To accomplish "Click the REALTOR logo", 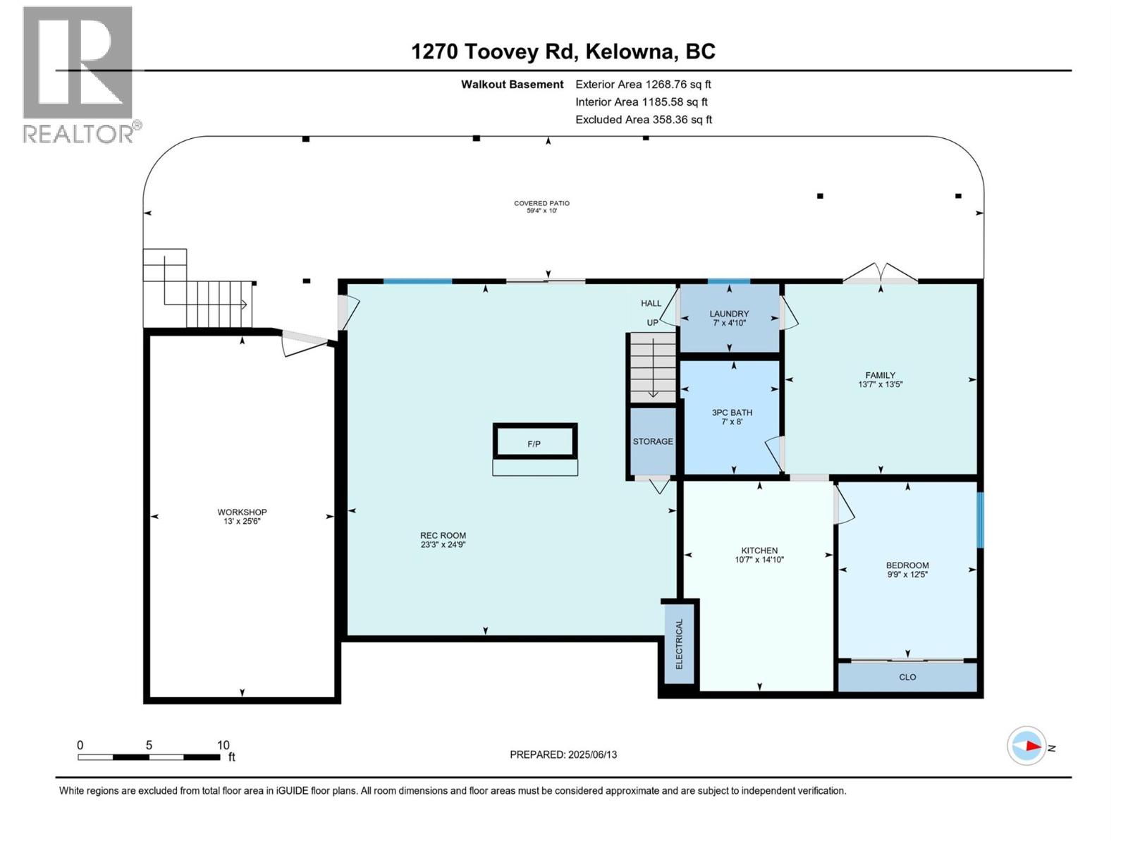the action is tap(81, 75).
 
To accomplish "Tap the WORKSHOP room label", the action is tap(242, 512).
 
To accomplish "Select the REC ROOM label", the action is tap(443, 535).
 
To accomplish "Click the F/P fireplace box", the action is tap(535, 441).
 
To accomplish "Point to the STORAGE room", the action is tap(653, 441).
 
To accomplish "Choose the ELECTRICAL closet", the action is tap(679, 644).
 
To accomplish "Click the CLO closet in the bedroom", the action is tap(907, 678).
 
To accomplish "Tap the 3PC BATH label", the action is tap(732, 412).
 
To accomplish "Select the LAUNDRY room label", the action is tap(729, 314).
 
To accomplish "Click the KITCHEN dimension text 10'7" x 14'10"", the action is tap(759, 560).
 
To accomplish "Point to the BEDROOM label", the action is tap(907, 565).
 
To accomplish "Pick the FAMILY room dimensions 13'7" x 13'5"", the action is tap(880, 384).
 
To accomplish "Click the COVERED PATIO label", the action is tap(541, 204).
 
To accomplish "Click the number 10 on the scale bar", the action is tap(223, 745).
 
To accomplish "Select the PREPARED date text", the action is tap(563, 754).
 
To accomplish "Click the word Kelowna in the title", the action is tap(630, 51).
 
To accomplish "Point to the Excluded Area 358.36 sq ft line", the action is tap(644, 120).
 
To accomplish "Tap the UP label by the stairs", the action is tap(652, 323).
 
